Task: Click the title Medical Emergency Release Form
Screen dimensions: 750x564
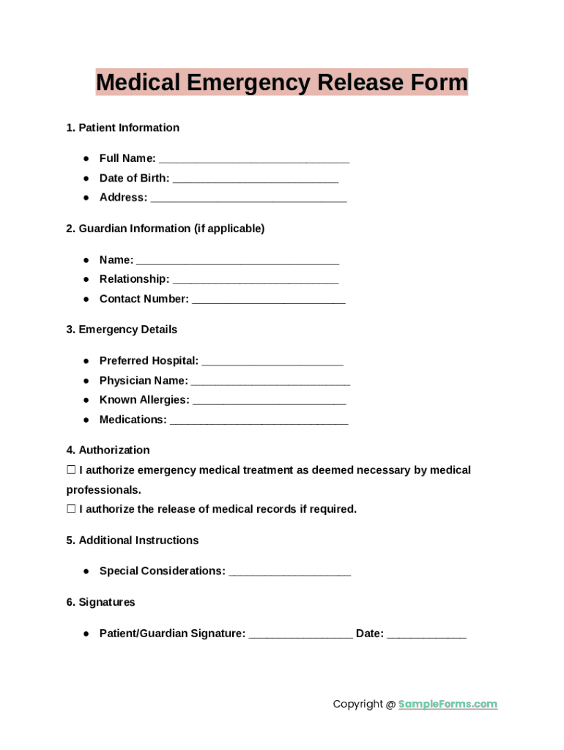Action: pos(281,82)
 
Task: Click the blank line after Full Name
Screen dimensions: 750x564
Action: pos(253,160)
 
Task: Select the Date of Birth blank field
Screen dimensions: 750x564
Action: pos(256,179)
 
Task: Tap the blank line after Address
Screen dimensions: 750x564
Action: pos(248,198)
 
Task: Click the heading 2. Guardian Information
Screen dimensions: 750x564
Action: pos(165,229)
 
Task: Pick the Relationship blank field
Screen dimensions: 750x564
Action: pos(256,281)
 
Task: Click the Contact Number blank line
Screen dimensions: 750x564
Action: pos(268,300)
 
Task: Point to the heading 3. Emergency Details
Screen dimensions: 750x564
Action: pos(122,330)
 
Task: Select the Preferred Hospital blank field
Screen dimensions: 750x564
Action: pos(272,363)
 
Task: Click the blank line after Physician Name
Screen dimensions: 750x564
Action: pos(270,382)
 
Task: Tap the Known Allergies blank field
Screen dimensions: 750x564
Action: pos(269,401)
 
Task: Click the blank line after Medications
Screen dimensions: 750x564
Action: pos(259,421)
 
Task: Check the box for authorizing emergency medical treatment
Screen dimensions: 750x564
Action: pos(71,470)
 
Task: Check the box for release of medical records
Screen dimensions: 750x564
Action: pos(71,509)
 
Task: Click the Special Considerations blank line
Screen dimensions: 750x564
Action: pos(289,572)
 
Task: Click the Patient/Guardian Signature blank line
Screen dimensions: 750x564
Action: pos(300,635)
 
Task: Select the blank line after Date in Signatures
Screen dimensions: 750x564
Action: pos(426,635)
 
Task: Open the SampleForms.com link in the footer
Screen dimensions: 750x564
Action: pos(448,705)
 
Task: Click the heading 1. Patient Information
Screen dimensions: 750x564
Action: pos(122,127)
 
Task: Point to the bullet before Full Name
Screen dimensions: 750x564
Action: pos(86,158)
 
